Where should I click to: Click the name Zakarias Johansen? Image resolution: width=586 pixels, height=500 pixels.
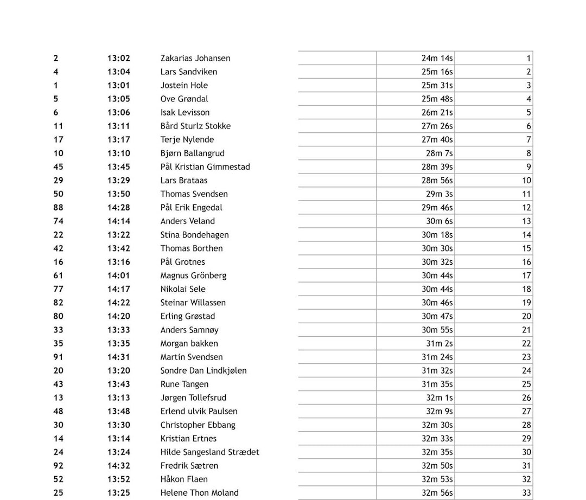(x=195, y=58)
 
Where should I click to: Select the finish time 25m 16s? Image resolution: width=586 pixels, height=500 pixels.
(x=437, y=72)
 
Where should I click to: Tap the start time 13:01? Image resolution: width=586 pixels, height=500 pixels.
(x=118, y=85)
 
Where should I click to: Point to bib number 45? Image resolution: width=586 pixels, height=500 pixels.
(x=59, y=166)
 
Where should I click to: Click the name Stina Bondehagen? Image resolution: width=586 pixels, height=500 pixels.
(x=194, y=235)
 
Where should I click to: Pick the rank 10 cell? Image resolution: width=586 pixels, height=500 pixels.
(x=526, y=180)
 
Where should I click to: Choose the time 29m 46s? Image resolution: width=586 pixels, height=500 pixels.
(x=437, y=207)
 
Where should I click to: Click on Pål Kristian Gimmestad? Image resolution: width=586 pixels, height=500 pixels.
(x=205, y=166)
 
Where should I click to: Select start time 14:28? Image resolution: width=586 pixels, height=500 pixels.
(x=118, y=207)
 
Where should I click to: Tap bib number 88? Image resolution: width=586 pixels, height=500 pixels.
(x=59, y=207)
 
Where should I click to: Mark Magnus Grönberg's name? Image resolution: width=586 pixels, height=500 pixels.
(x=193, y=275)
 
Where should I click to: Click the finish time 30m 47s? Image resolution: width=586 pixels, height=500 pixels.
(x=437, y=316)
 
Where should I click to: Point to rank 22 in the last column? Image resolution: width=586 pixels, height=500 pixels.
(x=526, y=343)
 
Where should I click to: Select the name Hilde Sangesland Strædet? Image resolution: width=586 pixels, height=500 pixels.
(x=209, y=452)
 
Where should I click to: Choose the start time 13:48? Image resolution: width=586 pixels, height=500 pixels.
(x=118, y=411)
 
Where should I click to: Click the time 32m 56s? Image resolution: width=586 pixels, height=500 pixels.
(x=437, y=492)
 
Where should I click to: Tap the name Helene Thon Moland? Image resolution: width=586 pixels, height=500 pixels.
(x=199, y=492)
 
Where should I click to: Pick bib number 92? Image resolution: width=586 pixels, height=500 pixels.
(x=59, y=465)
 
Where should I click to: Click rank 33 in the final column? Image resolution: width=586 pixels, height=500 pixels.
(x=526, y=492)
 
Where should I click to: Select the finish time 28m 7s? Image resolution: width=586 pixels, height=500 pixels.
(x=439, y=153)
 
